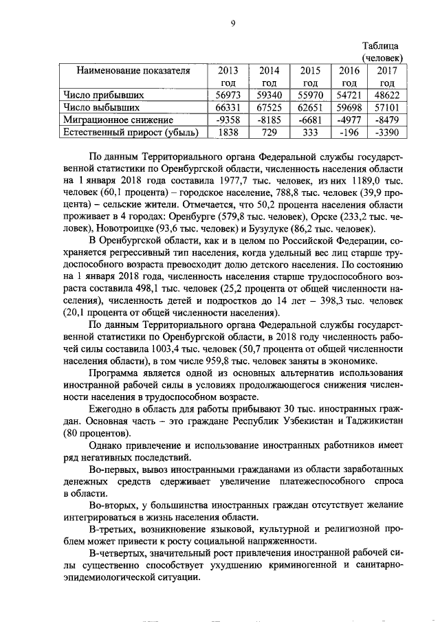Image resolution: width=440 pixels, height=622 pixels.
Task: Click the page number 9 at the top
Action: [x=234, y=23]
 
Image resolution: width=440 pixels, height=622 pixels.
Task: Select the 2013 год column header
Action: [x=227, y=76]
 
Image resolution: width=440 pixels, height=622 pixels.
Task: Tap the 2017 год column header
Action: [x=383, y=76]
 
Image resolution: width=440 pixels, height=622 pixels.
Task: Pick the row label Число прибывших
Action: [x=93, y=95]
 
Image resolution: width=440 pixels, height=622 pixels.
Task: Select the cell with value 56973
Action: [x=227, y=95]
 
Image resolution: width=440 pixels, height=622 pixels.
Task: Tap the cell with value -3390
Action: [x=383, y=132]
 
